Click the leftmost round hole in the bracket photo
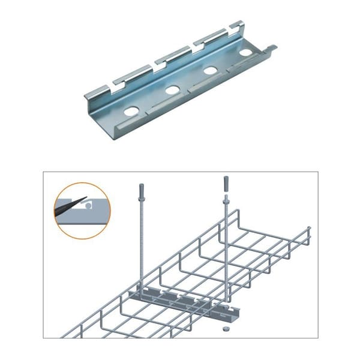131,111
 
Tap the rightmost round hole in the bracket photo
245,53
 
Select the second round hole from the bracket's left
172,91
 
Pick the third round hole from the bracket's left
210,71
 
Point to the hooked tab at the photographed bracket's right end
271,47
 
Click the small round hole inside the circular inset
88,206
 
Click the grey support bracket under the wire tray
180,299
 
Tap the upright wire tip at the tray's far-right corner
308,231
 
